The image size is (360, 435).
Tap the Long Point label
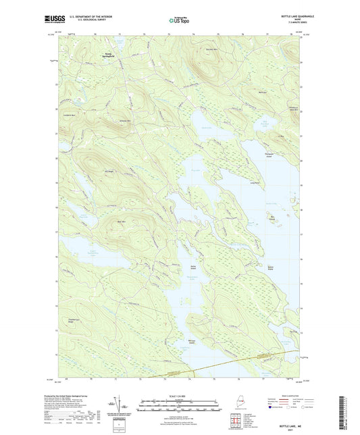pos(255,182)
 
